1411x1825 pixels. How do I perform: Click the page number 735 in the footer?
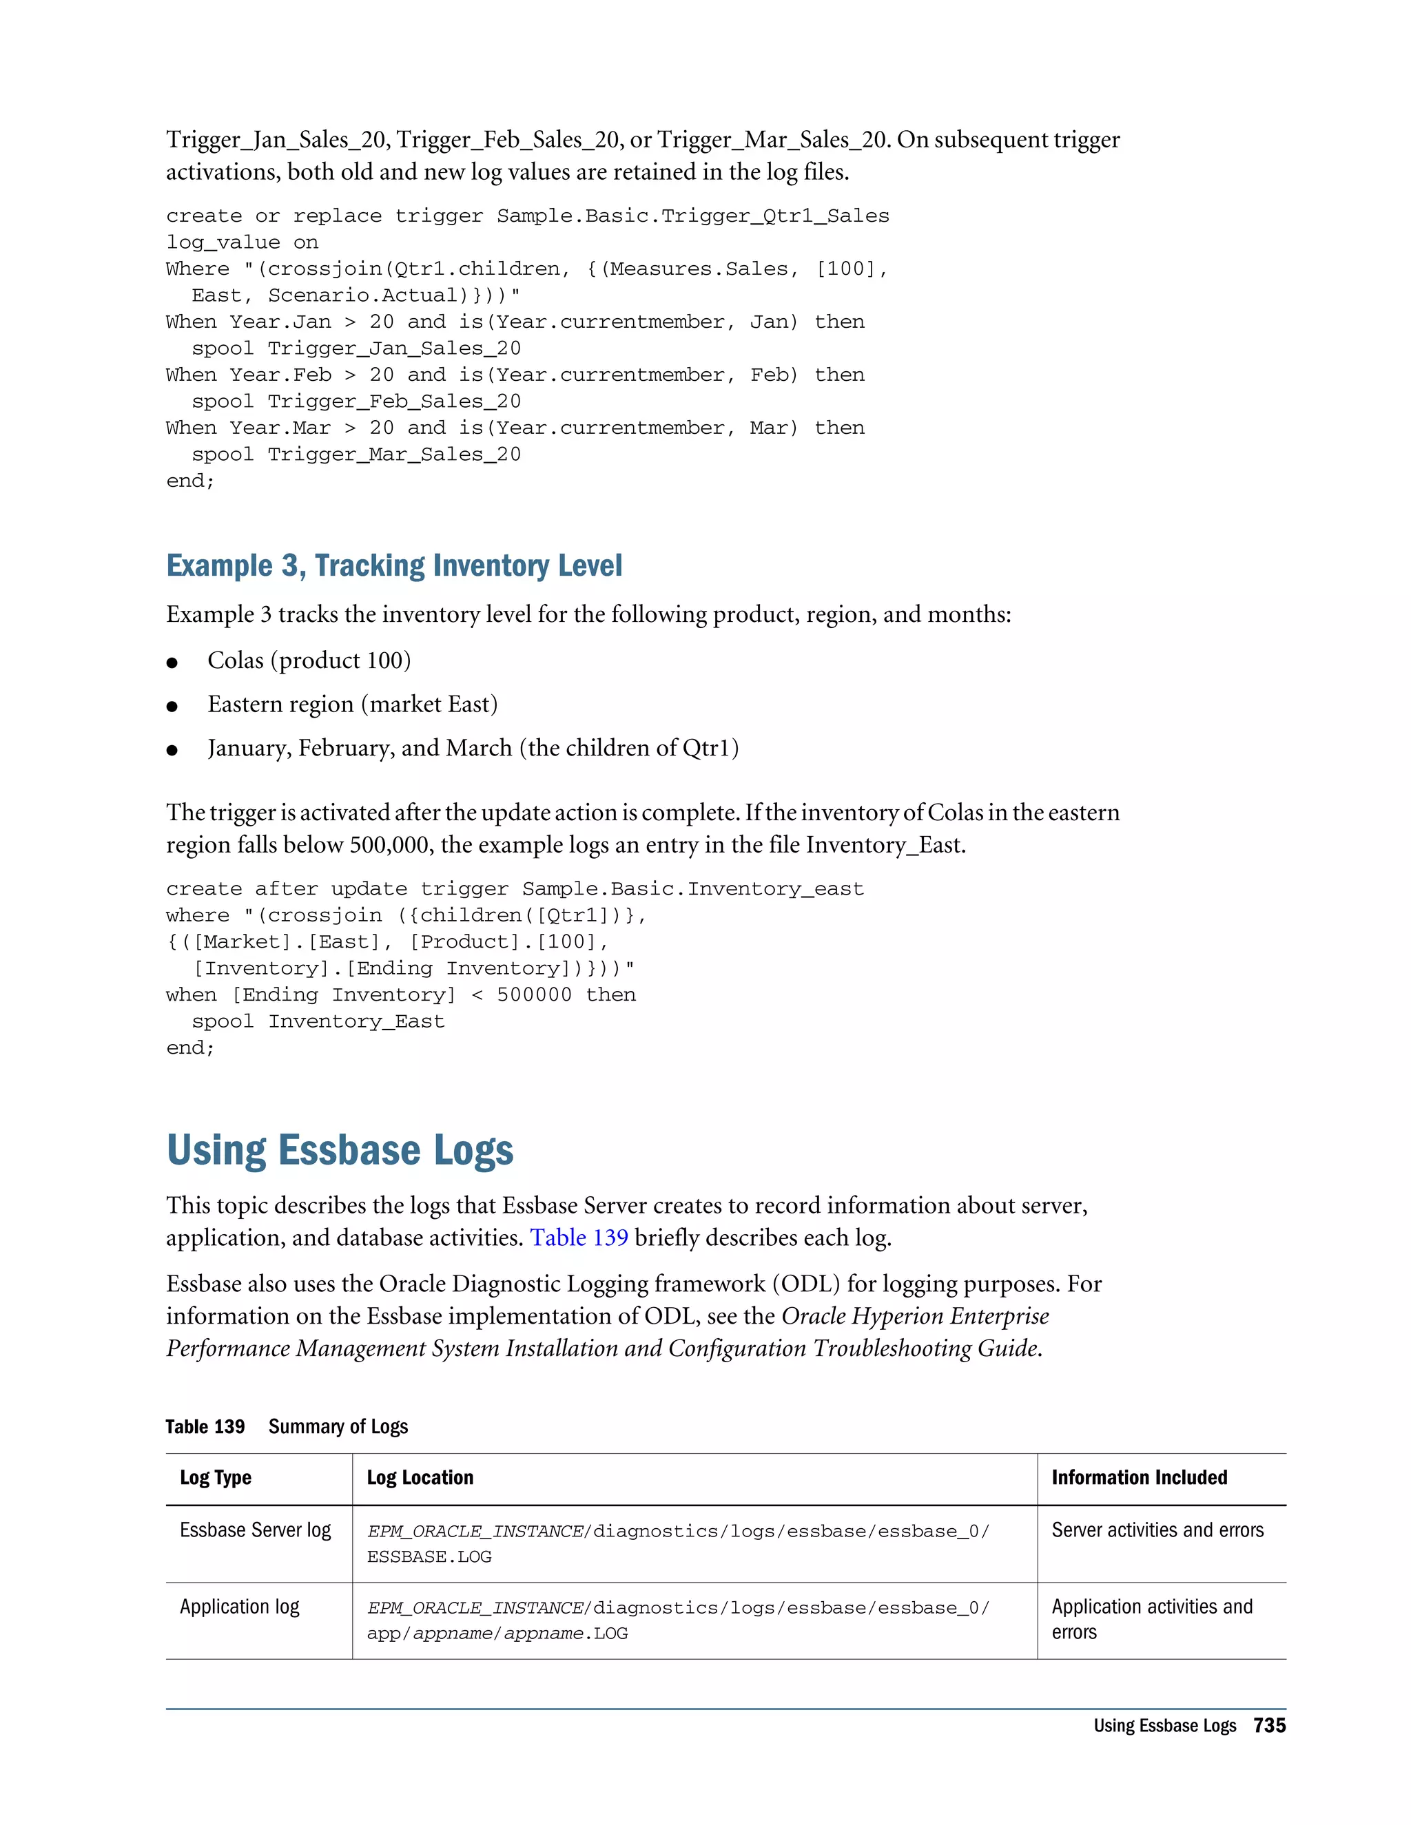click(x=1269, y=1724)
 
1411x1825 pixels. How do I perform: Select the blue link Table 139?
click(x=579, y=1238)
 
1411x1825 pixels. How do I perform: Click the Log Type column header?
click(x=216, y=1477)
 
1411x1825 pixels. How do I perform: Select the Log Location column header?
click(x=420, y=1477)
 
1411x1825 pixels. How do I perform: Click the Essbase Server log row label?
click(x=255, y=1530)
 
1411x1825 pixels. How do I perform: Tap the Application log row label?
click(x=239, y=1607)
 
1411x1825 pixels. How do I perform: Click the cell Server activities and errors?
click(x=1157, y=1530)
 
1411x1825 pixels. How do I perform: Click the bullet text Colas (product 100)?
click(x=309, y=660)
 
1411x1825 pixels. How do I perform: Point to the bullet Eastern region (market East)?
click(x=352, y=705)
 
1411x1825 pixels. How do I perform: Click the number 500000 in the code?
click(x=534, y=995)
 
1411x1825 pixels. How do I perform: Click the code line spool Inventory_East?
click(x=318, y=1021)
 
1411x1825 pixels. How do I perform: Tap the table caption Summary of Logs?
click(x=338, y=1426)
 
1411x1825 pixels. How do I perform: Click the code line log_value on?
click(x=242, y=242)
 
